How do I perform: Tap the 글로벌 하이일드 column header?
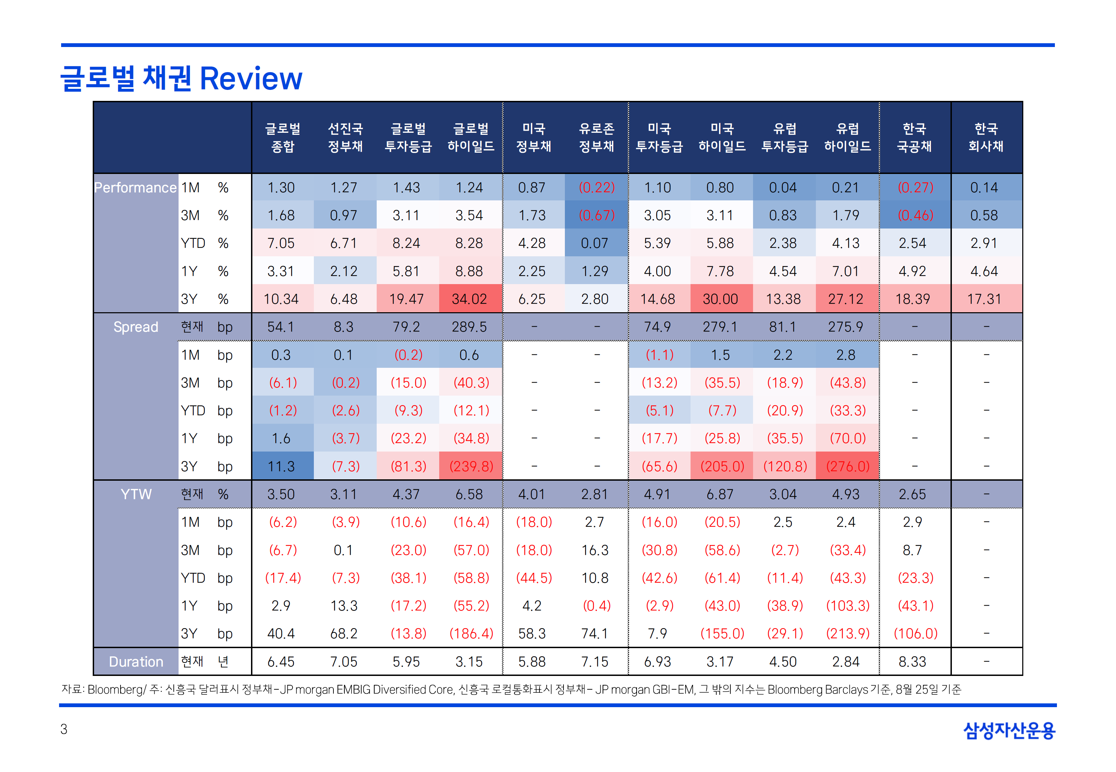pyautogui.click(x=470, y=137)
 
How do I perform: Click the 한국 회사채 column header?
pyautogui.click(x=986, y=137)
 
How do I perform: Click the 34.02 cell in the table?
pyautogui.click(x=469, y=299)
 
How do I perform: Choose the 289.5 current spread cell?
pyautogui.click(x=469, y=327)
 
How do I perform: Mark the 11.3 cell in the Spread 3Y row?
pyautogui.click(x=281, y=466)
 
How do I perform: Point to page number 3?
pyautogui.click(x=64, y=729)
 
